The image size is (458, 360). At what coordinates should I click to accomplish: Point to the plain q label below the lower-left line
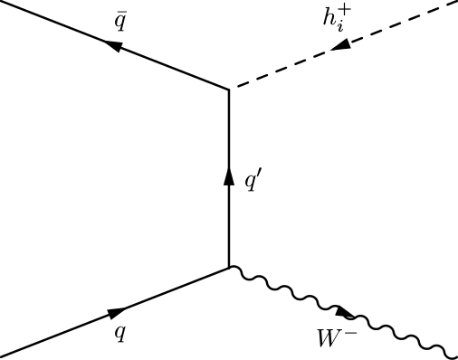pyautogui.click(x=119, y=331)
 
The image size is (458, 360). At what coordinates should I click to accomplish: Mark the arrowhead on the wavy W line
pyautogui.click(x=345, y=313)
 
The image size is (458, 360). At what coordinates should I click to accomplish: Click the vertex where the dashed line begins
pyautogui.click(x=229, y=89)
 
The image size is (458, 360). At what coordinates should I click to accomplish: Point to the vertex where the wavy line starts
pyautogui.click(x=229, y=268)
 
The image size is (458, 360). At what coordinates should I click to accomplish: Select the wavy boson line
pyautogui.click(x=398, y=331)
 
